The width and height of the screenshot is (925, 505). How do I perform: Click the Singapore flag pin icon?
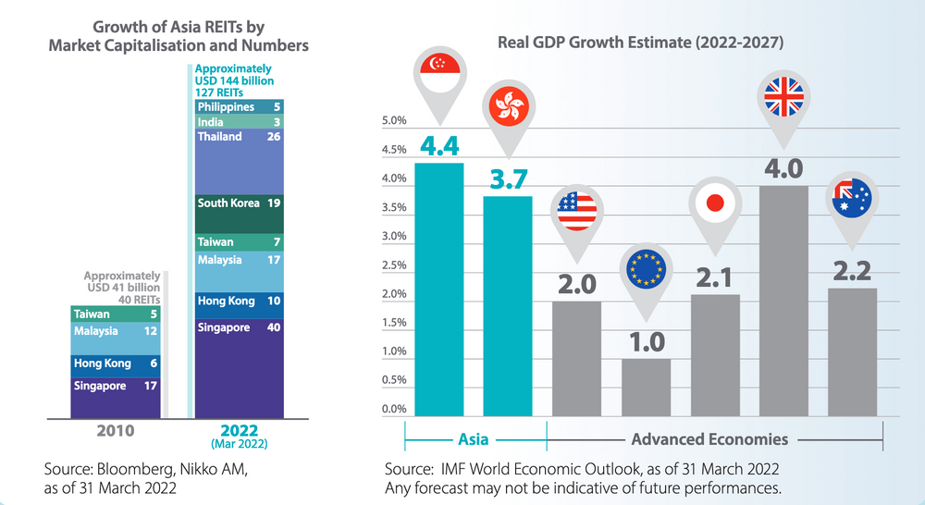[x=438, y=70]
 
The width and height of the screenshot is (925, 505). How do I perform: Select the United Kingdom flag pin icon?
[x=783, y=98]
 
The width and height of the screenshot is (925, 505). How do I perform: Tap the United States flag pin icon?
[x=576, y=211]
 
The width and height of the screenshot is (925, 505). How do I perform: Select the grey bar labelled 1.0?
[x=645, y=387]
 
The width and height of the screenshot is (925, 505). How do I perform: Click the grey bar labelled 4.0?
[x=783, y=301]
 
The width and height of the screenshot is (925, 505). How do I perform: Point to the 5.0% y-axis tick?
[x=394, y=121]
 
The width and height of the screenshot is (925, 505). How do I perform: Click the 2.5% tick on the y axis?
[x=394, y=265]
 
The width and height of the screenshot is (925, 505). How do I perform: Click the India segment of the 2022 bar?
[x=239, y=122]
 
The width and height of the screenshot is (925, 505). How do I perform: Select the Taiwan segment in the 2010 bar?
[x=116, y=314]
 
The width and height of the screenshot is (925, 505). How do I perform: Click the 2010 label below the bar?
[x=116, y=430]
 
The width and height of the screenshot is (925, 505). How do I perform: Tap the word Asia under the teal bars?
[x=475, y=439]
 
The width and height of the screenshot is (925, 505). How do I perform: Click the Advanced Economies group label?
[x=709, y=439]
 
